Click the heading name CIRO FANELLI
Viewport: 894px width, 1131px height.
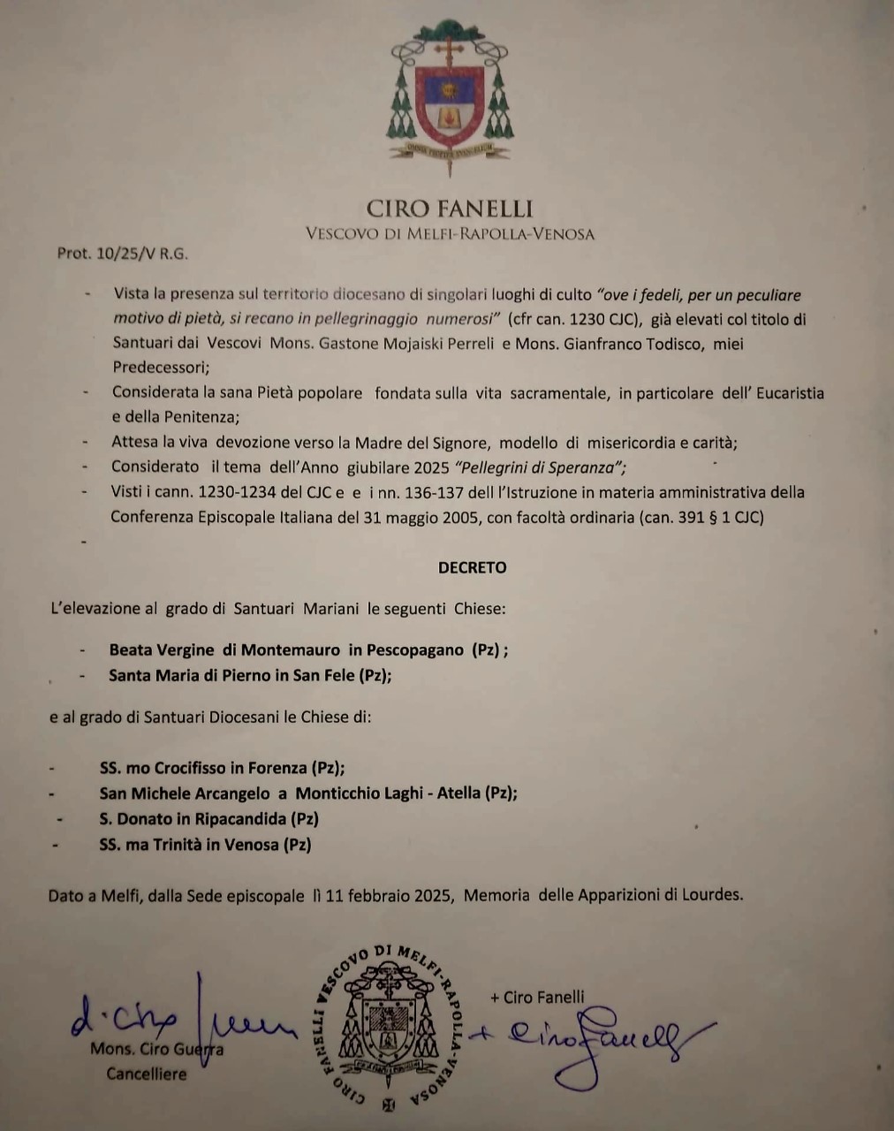pos(450,209)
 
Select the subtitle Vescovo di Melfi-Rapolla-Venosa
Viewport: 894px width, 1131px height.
pos(450,234)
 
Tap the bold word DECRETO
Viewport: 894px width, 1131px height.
pos(473,567)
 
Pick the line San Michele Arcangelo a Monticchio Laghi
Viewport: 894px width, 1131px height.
pos(308,793)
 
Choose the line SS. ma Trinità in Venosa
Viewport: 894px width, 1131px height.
pos(206,844)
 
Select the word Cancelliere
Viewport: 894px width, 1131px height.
pos(147,1074)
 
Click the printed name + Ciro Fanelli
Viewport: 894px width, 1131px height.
pos(537,997)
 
